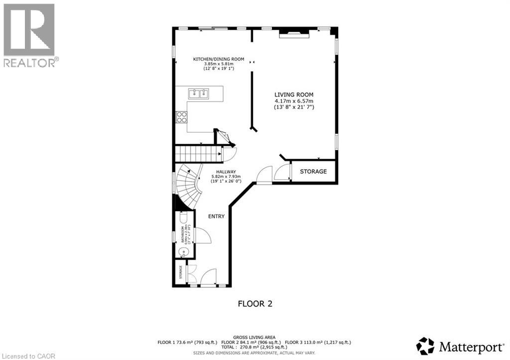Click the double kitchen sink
point(198,93)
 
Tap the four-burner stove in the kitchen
point(182,117)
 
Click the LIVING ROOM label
point(294,94)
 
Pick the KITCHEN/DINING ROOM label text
point(219,59)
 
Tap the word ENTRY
point(217,216)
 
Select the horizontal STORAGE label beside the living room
point(313,172)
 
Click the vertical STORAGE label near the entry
point(181,273)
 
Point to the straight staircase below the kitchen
point(199,154)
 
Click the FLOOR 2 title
point(255,303)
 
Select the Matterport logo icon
point(425,346)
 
